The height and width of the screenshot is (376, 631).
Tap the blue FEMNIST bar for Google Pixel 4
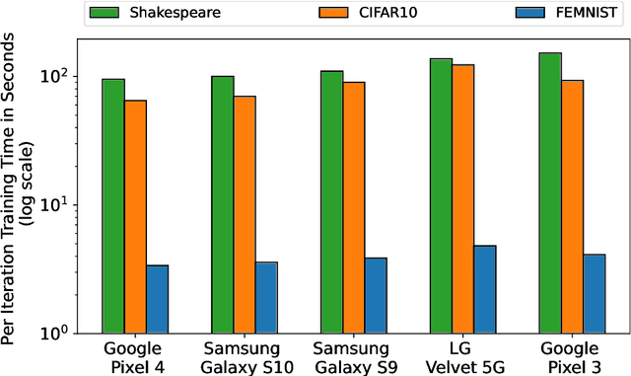click(x=157, y=298)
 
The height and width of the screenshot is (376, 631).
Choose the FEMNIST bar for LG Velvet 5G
click(x=485, y=288)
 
